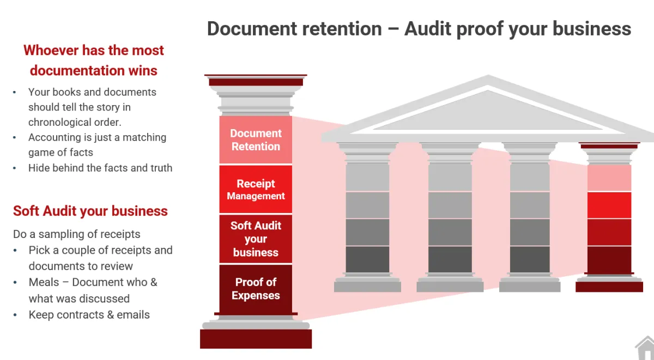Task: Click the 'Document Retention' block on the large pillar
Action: [x=256, y=139]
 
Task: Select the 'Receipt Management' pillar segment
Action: [x=256, y=189]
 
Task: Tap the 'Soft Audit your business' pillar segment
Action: [x=256, y=239]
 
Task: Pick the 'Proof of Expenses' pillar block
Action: [x=256, y=289]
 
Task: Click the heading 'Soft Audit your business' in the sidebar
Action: [x=90, y=211]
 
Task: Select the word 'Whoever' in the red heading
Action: [x=51, y=50]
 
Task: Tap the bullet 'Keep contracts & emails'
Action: [x=89, y=314]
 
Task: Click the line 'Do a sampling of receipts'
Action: [x=77, y=234]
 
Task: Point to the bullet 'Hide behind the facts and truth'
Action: [x=100, y=168]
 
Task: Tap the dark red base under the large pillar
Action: [x=256, y=339]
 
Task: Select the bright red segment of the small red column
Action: [x=609, y=205]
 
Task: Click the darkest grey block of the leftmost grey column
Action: [x=367, y=259]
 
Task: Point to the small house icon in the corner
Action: [x=645, y=349]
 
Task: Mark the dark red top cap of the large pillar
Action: [x=256, y=82]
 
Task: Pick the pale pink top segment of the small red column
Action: [x=609, y=178]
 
